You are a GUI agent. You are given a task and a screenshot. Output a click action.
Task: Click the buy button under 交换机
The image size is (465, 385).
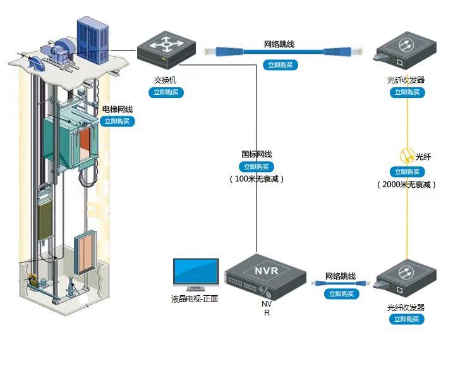[167, 92]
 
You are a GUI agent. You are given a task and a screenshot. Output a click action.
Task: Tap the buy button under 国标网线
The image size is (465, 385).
[257, 167]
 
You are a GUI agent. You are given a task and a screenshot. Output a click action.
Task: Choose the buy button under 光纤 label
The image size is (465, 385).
[406, 171]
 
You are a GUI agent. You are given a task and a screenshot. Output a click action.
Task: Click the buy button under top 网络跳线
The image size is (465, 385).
[279, 64]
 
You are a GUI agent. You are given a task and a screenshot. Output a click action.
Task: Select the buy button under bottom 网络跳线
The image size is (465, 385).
[341, 294]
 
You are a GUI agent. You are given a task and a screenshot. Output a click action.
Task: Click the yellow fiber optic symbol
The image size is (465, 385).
[406, 156]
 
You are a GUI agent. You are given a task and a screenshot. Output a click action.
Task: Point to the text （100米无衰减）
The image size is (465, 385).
[257, 180]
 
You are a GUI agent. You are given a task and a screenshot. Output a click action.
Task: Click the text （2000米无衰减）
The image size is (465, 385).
[406, 185]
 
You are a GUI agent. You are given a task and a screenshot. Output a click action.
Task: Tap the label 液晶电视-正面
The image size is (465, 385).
[194, 298]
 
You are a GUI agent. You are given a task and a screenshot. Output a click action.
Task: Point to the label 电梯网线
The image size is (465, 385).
[118, 109]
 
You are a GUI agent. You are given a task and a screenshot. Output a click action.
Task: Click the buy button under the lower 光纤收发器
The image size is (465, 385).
[406, 319]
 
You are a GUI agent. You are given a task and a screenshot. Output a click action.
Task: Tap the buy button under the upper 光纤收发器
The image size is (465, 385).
[406, 92]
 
